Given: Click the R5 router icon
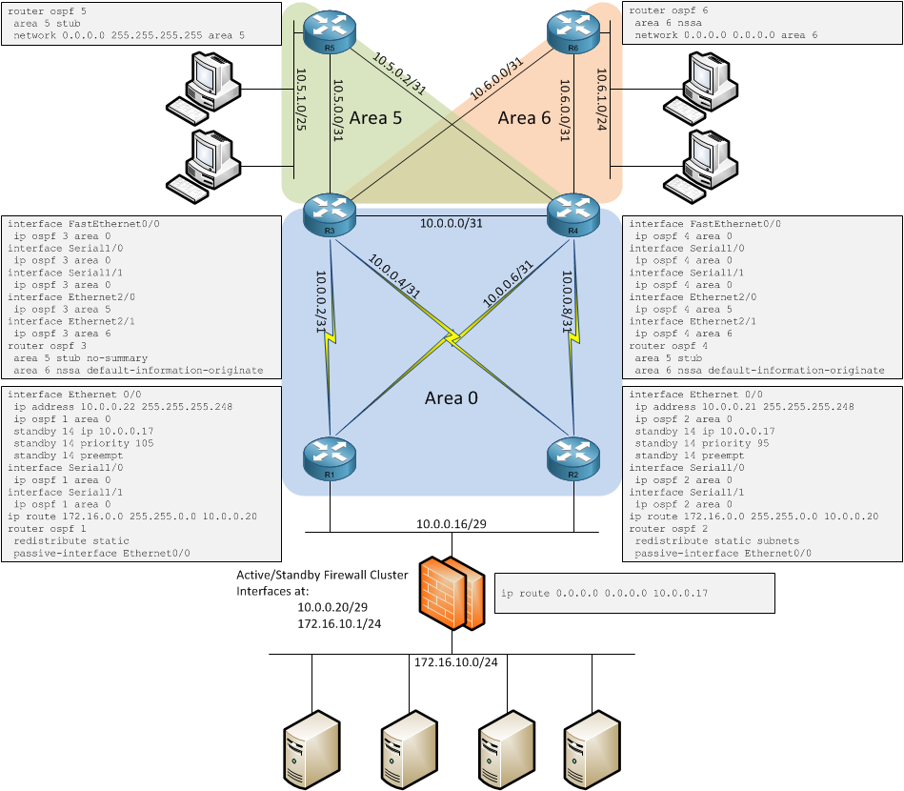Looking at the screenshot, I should tap(329, 32).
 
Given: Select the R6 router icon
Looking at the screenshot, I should tap(573, 32).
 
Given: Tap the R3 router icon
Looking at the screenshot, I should tap(329, 215).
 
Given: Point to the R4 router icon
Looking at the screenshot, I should tap(573, 215).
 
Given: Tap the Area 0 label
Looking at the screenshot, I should tap(451, 398).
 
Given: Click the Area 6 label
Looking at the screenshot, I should tap(524, 117).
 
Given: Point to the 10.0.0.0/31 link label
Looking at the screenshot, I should tap(452, 224).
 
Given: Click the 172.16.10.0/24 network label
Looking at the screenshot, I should tap(455, 661).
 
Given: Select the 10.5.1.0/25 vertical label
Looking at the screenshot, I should tap(302, 99).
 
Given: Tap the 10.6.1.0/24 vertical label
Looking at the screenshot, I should tap(602, 99).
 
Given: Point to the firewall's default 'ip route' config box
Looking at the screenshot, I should tap(633, 593).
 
